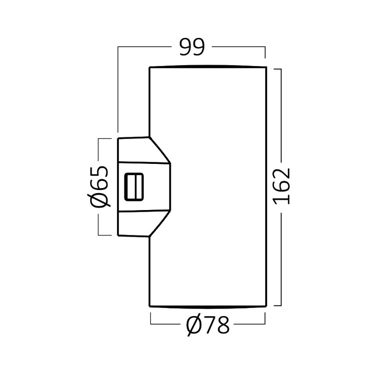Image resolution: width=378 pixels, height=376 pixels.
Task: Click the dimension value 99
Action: [192, 47]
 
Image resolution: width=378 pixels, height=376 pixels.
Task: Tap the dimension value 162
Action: [282, 186]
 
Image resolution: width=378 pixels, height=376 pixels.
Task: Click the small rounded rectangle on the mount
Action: [134, 187]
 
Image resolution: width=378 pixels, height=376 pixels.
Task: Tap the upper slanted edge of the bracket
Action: [160, 151]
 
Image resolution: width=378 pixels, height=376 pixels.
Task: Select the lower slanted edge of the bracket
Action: [160, 224]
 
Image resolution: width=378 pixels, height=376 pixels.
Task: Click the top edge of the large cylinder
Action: [208, 67]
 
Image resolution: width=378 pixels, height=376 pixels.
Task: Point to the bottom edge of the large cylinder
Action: [208, 307]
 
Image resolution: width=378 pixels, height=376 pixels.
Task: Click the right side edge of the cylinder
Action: [266, 187]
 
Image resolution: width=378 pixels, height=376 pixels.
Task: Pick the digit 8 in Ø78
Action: [222, 324]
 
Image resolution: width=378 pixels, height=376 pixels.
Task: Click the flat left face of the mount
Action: [118, 187]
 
